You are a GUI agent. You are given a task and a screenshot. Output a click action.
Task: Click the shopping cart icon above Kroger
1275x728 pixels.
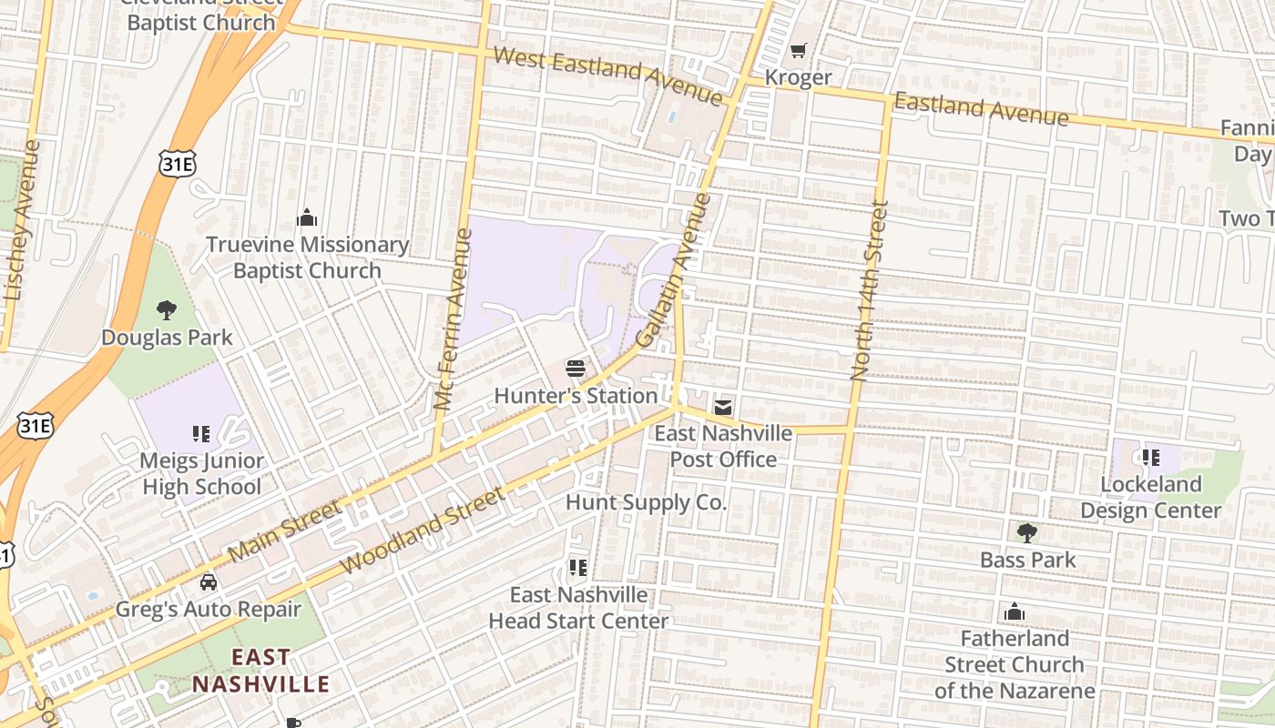799,51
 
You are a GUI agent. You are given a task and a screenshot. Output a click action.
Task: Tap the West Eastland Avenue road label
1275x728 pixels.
607,76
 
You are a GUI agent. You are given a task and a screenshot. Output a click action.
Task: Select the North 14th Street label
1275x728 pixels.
869,289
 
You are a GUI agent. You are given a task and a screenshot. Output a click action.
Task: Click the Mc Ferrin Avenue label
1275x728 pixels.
453,318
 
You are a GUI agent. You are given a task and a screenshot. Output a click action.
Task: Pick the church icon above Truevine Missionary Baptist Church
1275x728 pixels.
307,218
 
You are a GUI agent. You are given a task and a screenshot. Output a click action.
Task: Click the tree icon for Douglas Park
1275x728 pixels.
167,310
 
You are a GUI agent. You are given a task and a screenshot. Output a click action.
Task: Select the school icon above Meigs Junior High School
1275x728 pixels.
201,434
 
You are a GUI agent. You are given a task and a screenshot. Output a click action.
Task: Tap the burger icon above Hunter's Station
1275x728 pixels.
575,369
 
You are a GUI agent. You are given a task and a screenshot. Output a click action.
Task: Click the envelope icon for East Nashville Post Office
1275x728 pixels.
723,407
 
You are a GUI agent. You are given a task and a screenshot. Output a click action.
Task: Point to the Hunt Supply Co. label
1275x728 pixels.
646,502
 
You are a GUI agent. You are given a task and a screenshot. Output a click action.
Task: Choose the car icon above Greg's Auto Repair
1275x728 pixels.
209,582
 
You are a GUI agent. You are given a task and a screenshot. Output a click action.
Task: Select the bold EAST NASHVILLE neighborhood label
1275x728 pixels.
260,671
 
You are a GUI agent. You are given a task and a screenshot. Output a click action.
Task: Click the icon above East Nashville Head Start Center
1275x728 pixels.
577,568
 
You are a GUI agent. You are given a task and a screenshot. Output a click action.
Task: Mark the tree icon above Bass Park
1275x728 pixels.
1027,532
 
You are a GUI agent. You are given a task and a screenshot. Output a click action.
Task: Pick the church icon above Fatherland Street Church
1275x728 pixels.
1015,612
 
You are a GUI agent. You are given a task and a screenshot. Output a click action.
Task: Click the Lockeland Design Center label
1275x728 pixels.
1150,497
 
